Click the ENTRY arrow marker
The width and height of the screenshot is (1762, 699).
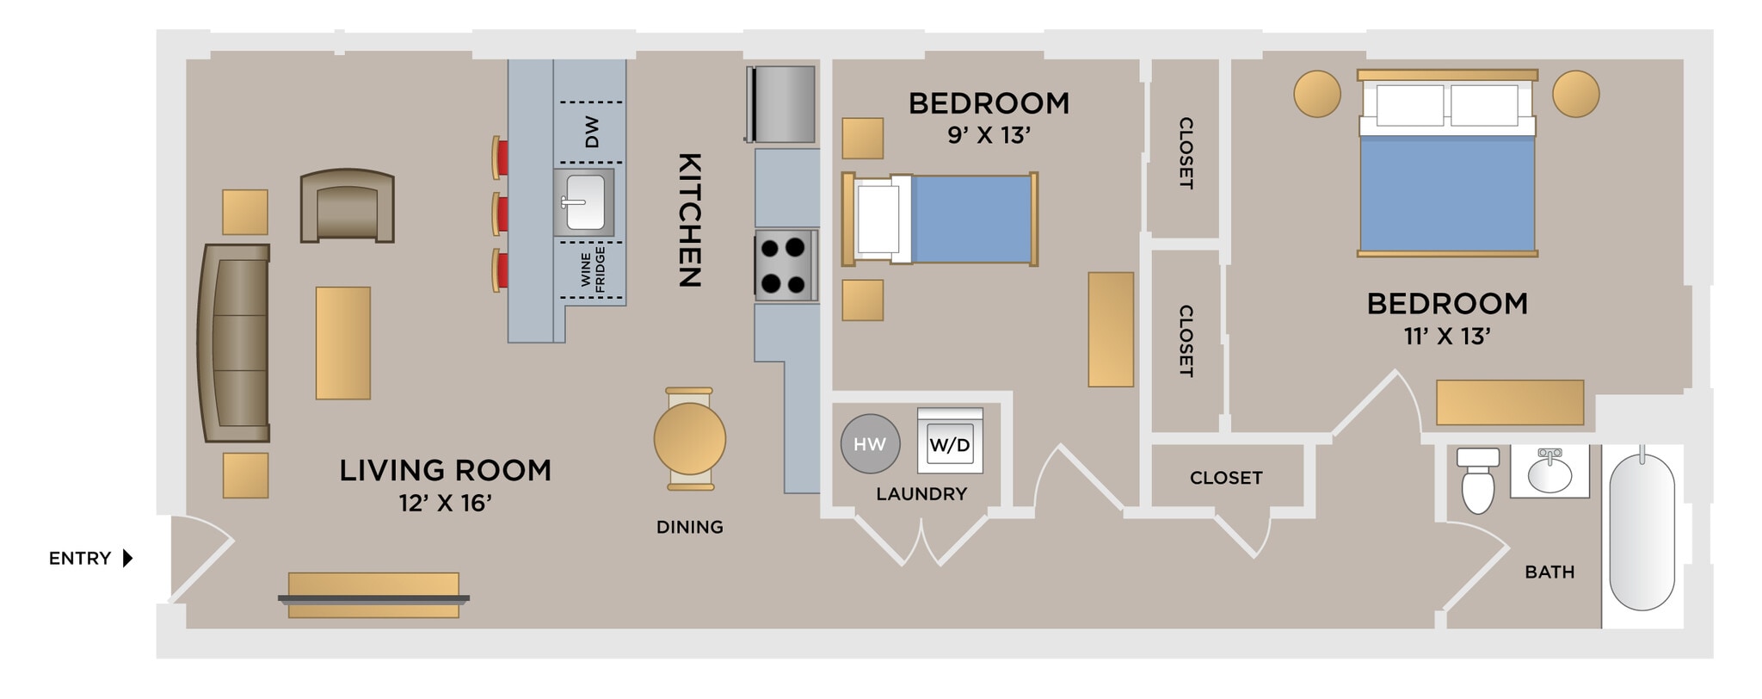[x=127, y=558]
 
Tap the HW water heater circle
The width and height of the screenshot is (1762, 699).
[x=870, y=444]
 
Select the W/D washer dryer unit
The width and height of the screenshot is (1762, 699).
[x=950, y=442]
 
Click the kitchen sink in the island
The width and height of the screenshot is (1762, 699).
[x=584, y=202]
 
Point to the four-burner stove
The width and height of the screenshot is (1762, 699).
[x=784, y=265]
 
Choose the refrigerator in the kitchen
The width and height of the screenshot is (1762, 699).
[x=782, y=104]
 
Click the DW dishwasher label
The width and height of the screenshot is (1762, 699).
[x=592, y=133]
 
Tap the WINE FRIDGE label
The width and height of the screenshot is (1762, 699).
[x=593, y=268]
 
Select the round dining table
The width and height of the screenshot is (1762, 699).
[x=689, y=438]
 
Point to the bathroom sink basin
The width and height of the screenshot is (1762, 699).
[x=1549, y=473]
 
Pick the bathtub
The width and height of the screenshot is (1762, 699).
[x=1642, y=532]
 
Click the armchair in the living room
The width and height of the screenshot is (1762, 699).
[x=348, y=207]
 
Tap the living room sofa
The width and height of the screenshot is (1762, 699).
[x=235, y=343]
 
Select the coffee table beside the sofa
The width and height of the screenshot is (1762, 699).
[x=343, y=343]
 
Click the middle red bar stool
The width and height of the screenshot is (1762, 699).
[x=500, y=213]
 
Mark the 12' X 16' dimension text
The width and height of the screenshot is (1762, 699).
[x=445, y=503]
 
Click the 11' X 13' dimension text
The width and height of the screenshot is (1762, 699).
[x=1447, y=336]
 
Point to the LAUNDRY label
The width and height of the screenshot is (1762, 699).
[x=921, y=494]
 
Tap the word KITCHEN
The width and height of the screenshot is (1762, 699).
[x=690, y=220]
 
